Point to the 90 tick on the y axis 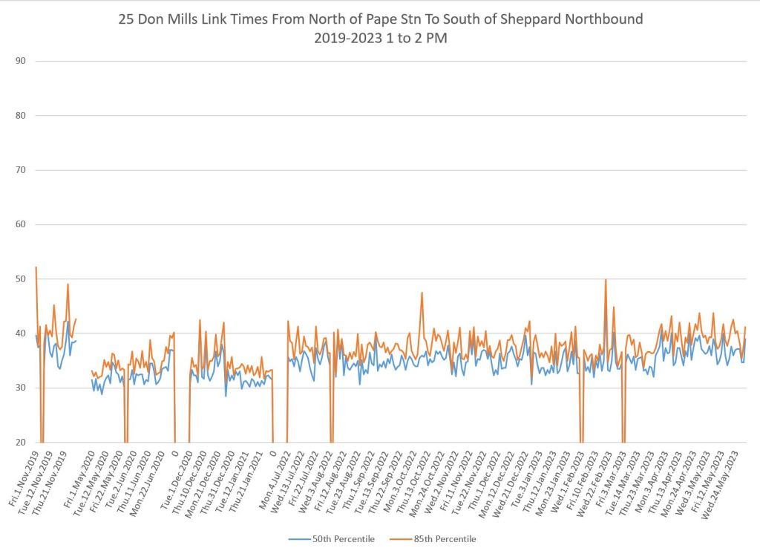tap(20, 61)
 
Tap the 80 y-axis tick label tap(20, 115)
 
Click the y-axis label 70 tap(20, 170)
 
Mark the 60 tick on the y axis tap(20, 224)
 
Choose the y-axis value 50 tap(20, 278)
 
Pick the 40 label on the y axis tap(20, 333)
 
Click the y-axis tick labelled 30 tap(20, 388)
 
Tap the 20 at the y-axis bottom tap(20, 442)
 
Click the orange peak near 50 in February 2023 tap(606, 280)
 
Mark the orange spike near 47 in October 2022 tap(422, 293)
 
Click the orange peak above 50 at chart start tap(36, 267)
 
